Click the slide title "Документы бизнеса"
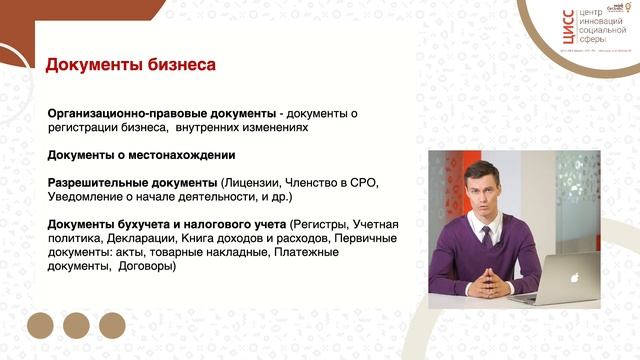tap(130, 66)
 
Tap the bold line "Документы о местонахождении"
tap(141, 155)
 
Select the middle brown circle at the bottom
tap(77, 324)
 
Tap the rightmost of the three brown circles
tap(112, 324)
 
